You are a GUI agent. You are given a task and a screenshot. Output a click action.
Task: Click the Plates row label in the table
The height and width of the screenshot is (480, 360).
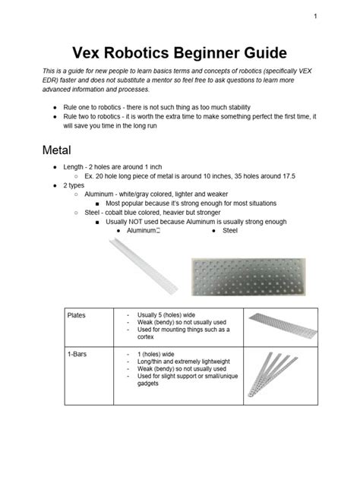(x=77, y=314)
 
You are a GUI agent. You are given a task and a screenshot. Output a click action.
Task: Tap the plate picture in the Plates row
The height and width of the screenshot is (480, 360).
(x=274, y=325)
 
